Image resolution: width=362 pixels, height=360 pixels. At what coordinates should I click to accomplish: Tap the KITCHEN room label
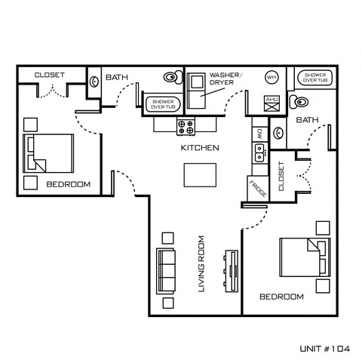pos(200,148)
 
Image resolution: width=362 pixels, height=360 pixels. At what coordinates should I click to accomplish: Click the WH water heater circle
pos(271,78)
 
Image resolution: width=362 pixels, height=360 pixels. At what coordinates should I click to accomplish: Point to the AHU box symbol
pos(271,103)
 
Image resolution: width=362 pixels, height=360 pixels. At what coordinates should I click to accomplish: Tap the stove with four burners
pos(186,126)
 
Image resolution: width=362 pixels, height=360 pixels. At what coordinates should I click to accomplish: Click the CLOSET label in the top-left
pos(49,75)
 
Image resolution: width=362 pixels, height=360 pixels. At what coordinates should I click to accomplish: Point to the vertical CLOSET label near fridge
pos(281,177)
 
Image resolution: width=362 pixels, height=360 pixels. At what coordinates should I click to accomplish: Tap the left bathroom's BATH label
pos(116,77)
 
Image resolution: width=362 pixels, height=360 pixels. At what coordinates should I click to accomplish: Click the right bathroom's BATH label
pos(306,120)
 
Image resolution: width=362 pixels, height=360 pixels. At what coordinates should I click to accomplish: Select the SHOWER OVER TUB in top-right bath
pos(313,78)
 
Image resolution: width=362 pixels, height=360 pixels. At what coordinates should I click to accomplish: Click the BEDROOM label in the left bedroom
pos(68,184)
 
